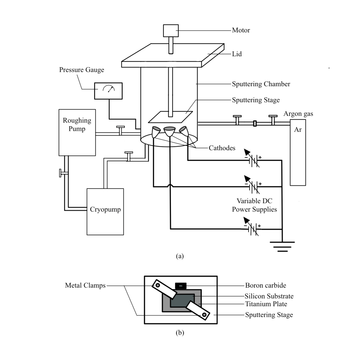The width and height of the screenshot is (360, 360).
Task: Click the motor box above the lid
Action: click(171, 31)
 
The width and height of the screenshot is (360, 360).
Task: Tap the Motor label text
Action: click(241, 30)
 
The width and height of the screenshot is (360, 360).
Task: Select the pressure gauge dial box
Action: click(108, 91)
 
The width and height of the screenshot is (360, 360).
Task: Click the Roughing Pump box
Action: click(77, 133)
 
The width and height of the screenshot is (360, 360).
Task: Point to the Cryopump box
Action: click(105, 212)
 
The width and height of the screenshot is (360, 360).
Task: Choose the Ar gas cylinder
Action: click(298, 153)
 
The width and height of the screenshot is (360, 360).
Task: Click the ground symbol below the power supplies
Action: click(282, 246)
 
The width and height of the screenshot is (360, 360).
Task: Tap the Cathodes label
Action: click(222, 148)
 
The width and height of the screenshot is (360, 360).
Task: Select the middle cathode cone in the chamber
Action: click(170, 131)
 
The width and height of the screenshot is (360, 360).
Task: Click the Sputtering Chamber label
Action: click(261, 84)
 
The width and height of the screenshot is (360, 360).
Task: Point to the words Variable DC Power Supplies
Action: click(255, 205)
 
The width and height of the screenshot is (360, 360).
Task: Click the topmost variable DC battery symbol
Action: click(252, 159)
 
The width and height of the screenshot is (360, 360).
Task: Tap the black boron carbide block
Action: click(181, 286)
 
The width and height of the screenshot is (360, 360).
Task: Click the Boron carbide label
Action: click(266, 285)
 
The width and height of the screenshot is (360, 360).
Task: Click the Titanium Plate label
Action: click(266, 304)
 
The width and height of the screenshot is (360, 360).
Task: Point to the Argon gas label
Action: click(298, 114)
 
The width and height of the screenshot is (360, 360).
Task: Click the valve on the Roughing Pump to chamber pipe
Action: click(120, 130)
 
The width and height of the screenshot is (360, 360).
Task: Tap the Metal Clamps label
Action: click(85, 285)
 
